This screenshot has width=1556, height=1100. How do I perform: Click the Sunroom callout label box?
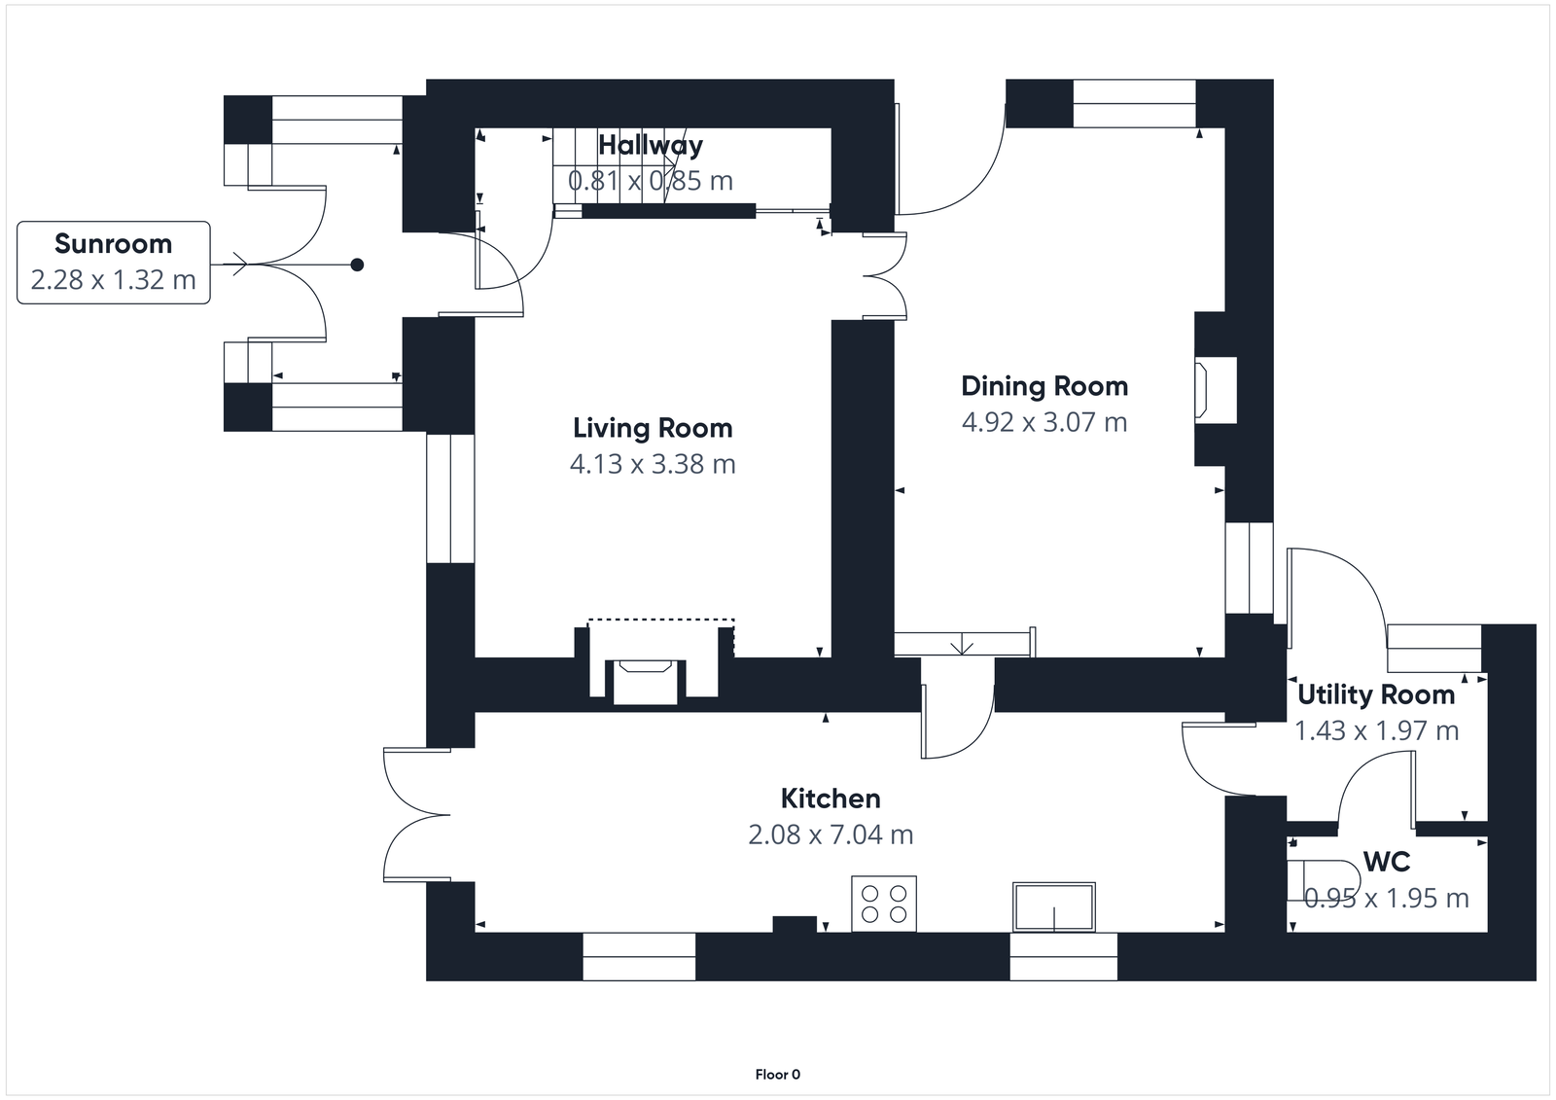pyautogui.click(x=114, y=263)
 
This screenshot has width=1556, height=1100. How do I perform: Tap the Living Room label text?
pyautogui.click(x=653, y=428)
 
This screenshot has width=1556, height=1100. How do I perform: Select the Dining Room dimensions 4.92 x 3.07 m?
pyautogui.click(x=1044, y=422)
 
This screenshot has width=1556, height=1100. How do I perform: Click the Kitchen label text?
pyautogui.click(x=831, y=798)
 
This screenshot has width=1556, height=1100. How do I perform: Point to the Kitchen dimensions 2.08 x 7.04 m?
pyautogui.click(x=831, y=834)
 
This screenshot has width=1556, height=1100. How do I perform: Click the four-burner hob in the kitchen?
pyautogui.click(x=884, y=904)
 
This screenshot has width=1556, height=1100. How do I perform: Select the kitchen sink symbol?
pyautogui.click(x=1054, y=906)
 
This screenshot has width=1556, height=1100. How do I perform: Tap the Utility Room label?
pyautogui.click(x=1376, y=694)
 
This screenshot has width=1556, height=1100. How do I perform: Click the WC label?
pyautogui.click(x=1387, y=862)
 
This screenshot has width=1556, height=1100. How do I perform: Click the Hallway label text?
pyautogui.click(x=651, y=145)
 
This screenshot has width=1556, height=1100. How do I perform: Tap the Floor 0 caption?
pyautogui.click(x=777, y=1075)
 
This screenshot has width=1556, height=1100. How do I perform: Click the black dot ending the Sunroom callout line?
pyautogui.click(x=357, y=265)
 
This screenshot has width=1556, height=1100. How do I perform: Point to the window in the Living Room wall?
pyautogui.click(x=450, y=498)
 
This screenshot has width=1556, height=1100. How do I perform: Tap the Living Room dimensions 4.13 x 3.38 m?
pyautogui.click(x=653, y=464)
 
